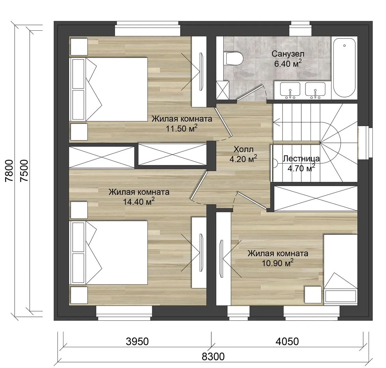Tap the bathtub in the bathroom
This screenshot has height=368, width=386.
[x=344, y=68]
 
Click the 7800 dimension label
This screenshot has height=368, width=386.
[x=9, y=171]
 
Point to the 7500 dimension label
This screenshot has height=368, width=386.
[x=24, y=171]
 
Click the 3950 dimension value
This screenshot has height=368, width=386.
[x=137, y=341]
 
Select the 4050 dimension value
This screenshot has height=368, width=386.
[x=287, y=341]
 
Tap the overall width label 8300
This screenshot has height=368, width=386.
[x=213, y=356]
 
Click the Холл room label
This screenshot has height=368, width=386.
[x=243, y=149]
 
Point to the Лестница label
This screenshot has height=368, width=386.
[x=301, y=158]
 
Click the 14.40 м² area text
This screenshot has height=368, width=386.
[x=139, y=201]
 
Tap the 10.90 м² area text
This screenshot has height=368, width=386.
[x=277, y=263]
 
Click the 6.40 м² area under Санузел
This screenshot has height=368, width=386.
[x=288, y=63]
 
